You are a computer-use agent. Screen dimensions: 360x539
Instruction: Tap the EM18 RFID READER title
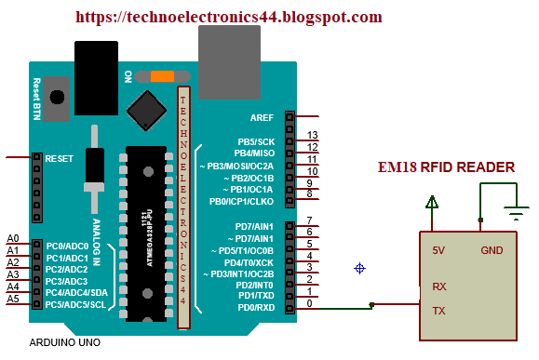click(x=445, y=167)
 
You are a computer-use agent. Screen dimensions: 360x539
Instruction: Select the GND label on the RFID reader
click(x=492, y=250)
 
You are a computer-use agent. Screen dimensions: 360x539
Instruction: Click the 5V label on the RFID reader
click(x=438, y=250)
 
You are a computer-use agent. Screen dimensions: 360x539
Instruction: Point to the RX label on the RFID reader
click(x=438, y=287)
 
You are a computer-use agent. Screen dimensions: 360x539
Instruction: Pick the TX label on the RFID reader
click(x=438, y=309)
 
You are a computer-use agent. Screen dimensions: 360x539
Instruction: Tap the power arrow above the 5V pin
click(x=431, y=200)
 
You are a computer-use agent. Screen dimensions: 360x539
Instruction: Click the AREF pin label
click(x=262, y=118)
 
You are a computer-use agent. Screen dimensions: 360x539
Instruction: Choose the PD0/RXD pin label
click(x=255, y=307)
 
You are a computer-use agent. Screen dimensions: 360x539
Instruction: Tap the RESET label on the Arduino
click(x=59, y=159)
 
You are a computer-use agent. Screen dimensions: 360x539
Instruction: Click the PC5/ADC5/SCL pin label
click(x=69, y=304)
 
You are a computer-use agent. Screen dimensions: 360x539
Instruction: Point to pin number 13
click(x=313, y=136)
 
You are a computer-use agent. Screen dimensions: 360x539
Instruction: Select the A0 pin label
click(x=12, y=239)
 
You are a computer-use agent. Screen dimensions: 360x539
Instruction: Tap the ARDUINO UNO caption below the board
click(x=65, y=341)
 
